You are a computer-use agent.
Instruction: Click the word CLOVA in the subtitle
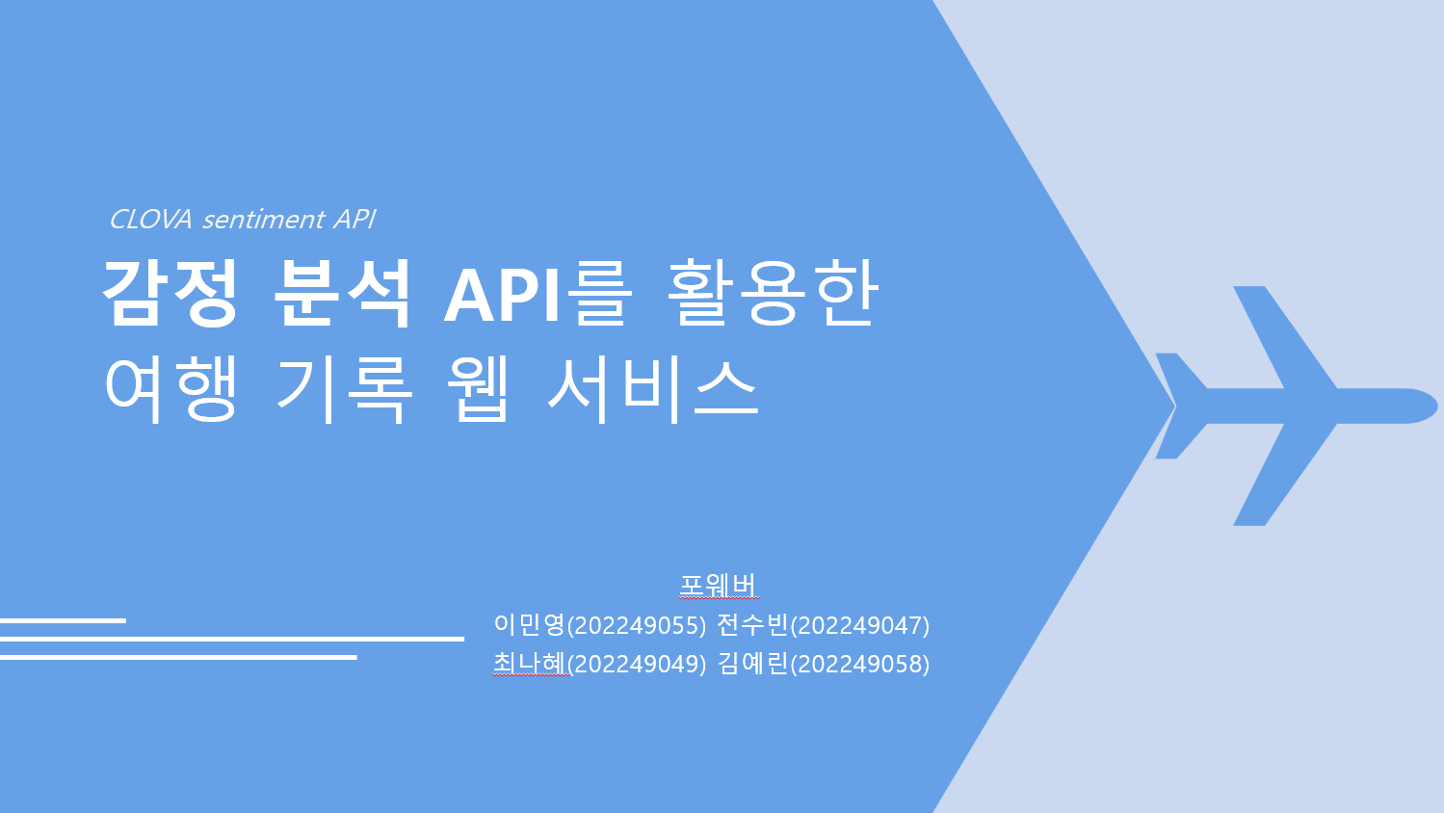tap(151, 220)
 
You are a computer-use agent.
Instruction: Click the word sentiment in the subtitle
tap(264, 220)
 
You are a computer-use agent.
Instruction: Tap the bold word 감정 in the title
tap(169, 294)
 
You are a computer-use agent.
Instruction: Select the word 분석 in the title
tap(342, 294)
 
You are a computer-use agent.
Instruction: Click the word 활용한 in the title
tap(772, 294)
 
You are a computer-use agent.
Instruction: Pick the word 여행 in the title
tap(171, 389)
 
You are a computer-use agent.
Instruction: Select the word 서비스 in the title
tap(653, 389)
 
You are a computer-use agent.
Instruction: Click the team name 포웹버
tap(718, 586)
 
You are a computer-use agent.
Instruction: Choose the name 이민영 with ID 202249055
tap(599, 625)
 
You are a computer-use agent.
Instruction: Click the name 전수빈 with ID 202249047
tap(824, 625)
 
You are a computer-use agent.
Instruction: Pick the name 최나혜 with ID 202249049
tap(599, 664)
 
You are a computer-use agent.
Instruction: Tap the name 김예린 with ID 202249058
tap(824, 664)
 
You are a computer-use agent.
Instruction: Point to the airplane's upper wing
tap(1279, 338)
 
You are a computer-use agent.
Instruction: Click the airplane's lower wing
tap(1279, 474)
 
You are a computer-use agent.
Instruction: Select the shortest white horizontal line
tap(64, 621)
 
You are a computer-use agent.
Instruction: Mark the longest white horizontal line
tap(232, 639)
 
